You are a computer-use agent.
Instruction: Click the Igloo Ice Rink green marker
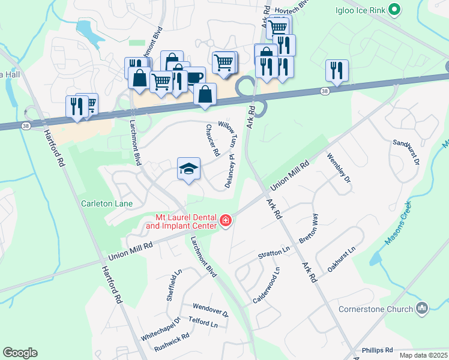(x=394, y=9)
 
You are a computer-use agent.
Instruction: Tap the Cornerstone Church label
(x=382, y=309)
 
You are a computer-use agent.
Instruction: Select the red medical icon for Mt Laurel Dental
(x=226, y=222)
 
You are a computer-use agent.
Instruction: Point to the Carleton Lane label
(x=107, y=203)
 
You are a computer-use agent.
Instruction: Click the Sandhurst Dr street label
(x=406, y=153)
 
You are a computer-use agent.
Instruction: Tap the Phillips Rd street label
(x=377, y=349)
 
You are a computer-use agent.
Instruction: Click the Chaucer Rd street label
(x=212, y=140)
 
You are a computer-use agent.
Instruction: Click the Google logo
(x=20, y=353)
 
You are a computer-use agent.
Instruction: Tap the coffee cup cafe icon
(x=194, y=77)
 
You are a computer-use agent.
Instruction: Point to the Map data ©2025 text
(x=423, y=355)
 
